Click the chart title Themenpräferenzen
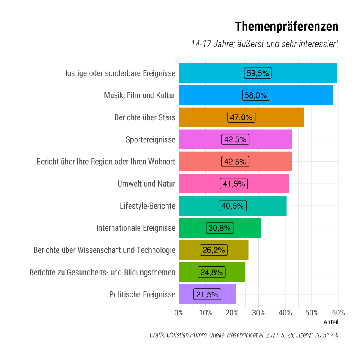coord(287,27)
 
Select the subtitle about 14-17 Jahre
coord(265,44)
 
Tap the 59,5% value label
coord(258,73)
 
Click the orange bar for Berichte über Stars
coord(279,117)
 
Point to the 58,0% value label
coord(255,95)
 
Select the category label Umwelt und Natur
coord(146,184)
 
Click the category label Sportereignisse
coord(150,139)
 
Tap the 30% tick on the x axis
coord(258,313)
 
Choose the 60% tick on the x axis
coord(338,313)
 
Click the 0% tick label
coord(179,313)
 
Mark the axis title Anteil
coord(331,322)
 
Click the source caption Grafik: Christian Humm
coord(244,335)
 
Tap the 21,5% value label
coord(207,295)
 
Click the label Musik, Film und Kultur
coord(139,95)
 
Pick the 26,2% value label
coord(214,250)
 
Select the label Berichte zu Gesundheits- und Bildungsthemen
coord(102,272)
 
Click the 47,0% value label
coord(241,117)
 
